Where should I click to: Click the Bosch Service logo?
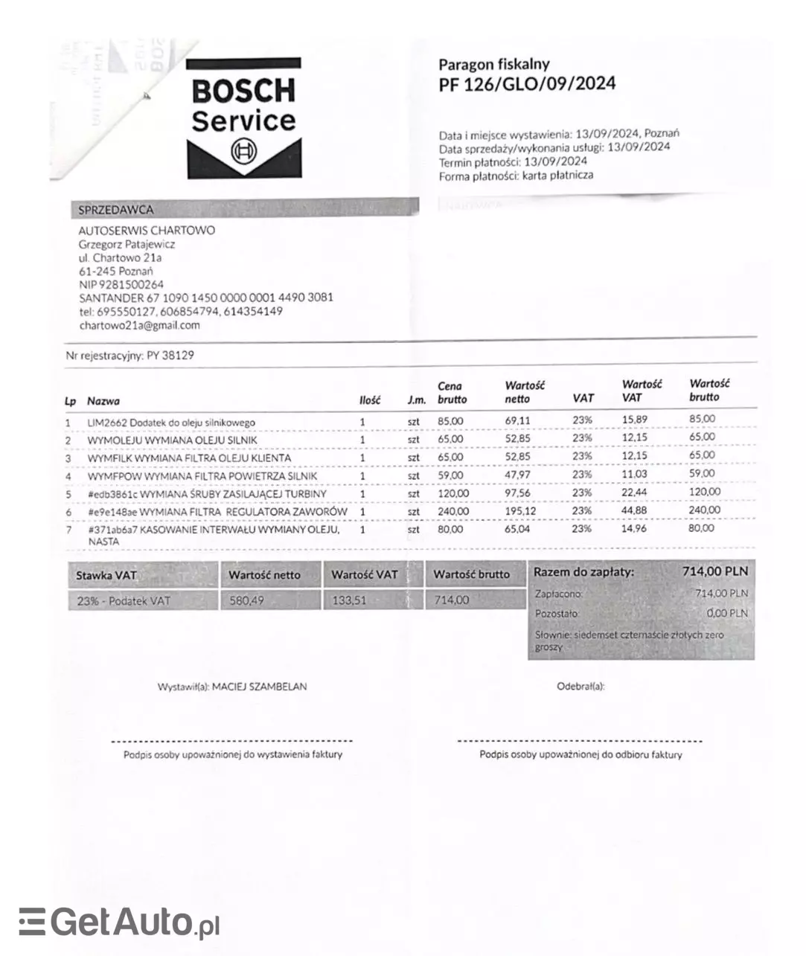(243, 118)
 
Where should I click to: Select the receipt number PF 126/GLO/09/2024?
(527, 84)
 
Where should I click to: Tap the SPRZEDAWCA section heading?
(115, 210)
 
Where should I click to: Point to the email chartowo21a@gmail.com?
(139, 325)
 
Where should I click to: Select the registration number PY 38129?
(170, 356)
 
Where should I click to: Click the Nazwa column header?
(103, 401)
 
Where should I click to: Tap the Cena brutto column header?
(452, 393)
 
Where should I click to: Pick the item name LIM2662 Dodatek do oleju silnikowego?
(171, 422)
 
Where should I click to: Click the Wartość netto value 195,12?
(520, 511)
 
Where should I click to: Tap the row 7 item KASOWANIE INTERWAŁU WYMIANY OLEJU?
(214, 530)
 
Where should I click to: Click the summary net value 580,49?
(246, 600)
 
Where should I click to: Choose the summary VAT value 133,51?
(350, 600)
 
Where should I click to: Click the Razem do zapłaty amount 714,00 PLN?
(714, 571)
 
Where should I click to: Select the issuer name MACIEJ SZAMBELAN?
(259, 687)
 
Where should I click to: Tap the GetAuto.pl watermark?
(120, 923)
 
